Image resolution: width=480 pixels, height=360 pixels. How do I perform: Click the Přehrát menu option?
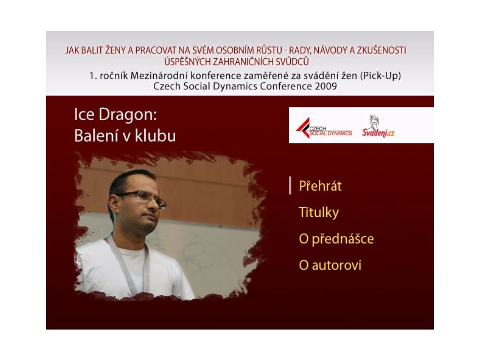pyautogui.click(x=320, y=186)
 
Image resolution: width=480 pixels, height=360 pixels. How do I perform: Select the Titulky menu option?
pyautogui.click(x=319, y=212)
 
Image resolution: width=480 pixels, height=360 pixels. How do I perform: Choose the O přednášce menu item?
pyautogui.click(x=336, y=239)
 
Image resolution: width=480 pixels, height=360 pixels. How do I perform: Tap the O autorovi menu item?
pyautogui.click(x=330, y=265)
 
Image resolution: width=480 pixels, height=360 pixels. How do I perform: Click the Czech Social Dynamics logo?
pyautogui.click(x=324, y=128)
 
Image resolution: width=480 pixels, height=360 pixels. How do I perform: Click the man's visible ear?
pyautogui.click(x=113, y=205)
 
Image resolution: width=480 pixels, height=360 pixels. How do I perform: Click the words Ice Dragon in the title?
pyautogui.click(x=115, y=114)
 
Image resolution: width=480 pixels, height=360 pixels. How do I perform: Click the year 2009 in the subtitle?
pyautogui.click(x=326, y=86)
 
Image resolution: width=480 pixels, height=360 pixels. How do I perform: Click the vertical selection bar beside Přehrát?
pyautogui.click(x=290, y=186)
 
